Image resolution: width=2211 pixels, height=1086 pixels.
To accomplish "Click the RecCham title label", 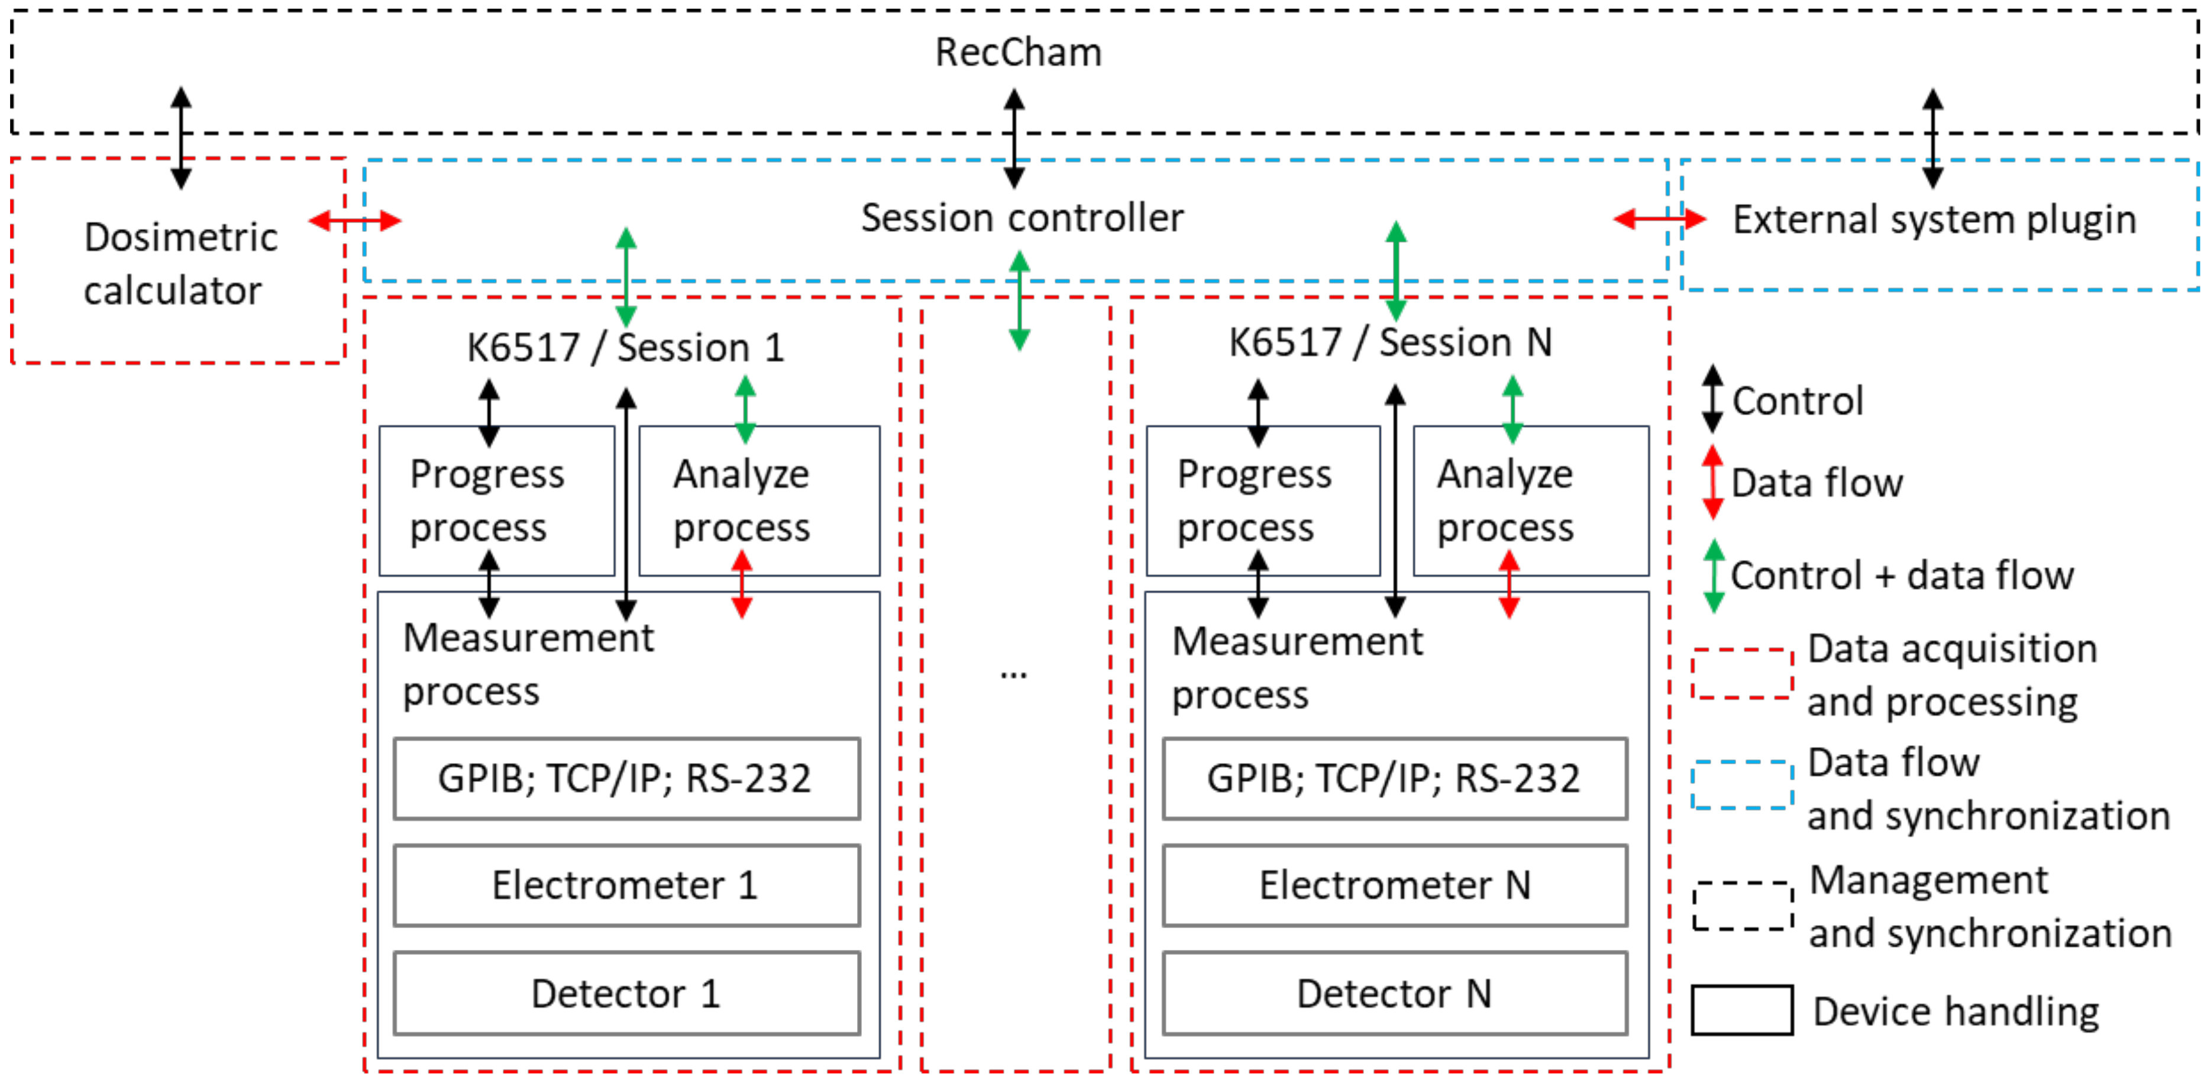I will [1018, 53].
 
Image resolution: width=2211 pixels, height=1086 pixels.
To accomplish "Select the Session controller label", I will [1022, 218].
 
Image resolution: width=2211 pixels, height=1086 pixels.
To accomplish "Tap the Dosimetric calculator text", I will [180, 264].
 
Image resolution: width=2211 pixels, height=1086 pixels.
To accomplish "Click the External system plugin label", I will [1934, 220].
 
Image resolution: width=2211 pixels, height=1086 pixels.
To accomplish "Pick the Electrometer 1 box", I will [626, 885].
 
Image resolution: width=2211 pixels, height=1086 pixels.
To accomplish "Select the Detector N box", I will [1395, 993].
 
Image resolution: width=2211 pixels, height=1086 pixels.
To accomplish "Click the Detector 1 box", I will [626, 993].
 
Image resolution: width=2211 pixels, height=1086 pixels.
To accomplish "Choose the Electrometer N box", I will [1395, 885].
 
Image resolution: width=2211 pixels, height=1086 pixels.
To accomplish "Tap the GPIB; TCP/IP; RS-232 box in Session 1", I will [626, 778].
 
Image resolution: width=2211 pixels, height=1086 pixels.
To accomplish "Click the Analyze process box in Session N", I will [1530, 500].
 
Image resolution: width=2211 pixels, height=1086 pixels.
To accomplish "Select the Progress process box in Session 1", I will [497, 500].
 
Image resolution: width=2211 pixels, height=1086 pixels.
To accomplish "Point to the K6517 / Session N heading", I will [1391, 342].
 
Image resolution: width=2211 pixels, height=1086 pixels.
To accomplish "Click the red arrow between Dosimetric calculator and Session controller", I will [354, 221].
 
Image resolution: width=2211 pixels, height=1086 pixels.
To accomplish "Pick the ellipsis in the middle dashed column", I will [1014, 674].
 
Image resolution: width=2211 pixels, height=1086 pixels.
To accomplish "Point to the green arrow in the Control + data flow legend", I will [1714, 575].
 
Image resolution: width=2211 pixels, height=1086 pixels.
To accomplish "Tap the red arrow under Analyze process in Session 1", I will [742, 584].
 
